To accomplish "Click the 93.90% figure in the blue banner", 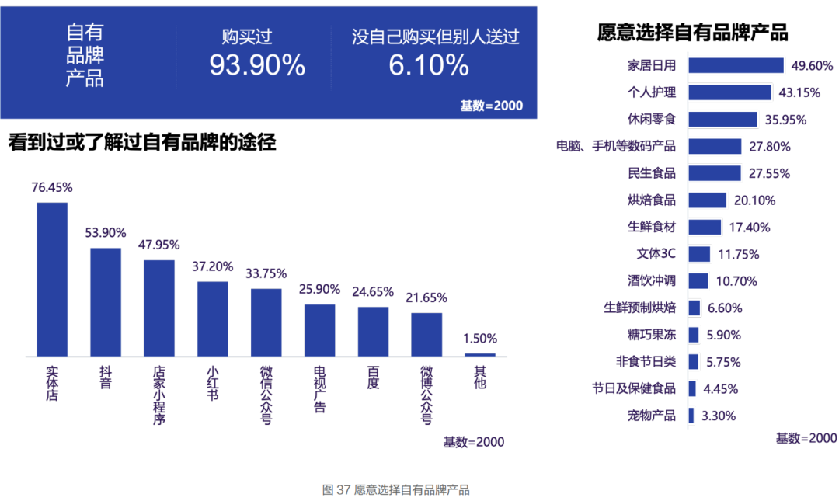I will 257,65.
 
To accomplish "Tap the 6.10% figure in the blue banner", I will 429,65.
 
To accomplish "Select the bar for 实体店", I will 52,279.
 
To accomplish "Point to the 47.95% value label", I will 159,244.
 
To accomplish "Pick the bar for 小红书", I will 212,318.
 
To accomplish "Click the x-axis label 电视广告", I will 319,389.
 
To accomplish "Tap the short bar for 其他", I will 480,354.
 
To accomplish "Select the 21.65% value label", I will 426,297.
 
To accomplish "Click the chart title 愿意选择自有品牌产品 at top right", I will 692,33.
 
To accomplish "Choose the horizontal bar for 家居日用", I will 736,65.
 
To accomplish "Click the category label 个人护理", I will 651,92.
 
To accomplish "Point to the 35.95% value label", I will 785,120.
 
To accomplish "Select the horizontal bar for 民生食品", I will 714,173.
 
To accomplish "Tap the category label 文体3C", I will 656,254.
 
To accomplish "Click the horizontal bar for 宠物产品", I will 691,416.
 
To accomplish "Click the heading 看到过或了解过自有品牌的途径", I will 142,143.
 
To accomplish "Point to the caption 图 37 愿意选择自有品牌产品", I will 396,490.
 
